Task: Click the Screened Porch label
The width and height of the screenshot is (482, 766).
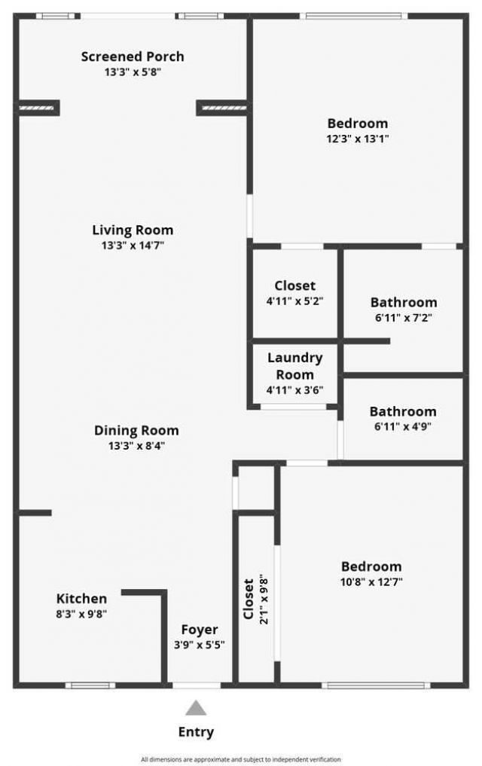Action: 133,56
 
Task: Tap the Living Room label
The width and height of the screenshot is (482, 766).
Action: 133,230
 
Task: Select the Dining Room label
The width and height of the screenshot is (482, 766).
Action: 136,431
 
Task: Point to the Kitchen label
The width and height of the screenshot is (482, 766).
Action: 81,599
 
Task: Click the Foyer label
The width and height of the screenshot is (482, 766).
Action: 200,630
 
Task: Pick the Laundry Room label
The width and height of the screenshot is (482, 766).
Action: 294,366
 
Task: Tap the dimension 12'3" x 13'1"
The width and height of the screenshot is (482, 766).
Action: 358,139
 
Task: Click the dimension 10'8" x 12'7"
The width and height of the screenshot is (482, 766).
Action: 371,581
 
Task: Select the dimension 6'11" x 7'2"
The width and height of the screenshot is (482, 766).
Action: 403,318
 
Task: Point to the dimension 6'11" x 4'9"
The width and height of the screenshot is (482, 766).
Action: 403,426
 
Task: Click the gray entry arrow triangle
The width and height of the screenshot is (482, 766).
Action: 197,707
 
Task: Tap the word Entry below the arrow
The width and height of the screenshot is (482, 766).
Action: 196,732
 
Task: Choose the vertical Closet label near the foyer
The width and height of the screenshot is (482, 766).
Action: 249,599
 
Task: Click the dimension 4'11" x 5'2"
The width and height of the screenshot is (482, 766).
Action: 294,301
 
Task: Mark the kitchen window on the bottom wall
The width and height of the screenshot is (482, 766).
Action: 90,685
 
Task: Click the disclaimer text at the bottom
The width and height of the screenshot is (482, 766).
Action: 241,759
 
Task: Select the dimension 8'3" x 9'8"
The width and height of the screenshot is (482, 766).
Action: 81,614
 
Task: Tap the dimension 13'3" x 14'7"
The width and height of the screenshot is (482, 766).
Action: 133,246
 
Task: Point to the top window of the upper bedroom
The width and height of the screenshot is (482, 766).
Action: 353,15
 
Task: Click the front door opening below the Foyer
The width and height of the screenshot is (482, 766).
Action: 197,685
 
